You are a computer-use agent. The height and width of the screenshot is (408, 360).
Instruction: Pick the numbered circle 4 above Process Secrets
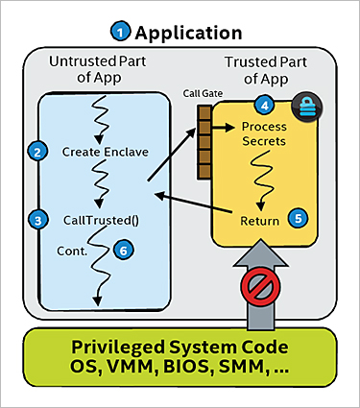tap(260, 104)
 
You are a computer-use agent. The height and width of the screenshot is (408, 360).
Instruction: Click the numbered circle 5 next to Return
tap(299, 218)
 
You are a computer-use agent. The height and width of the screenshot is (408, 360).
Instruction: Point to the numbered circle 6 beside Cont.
tap(120, 249)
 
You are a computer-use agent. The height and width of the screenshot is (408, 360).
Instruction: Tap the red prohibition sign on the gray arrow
tap(259, 286)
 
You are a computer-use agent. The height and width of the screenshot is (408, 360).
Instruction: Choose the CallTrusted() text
tap(101, 219)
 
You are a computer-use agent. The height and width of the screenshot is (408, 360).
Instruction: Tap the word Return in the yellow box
tap(260, 221)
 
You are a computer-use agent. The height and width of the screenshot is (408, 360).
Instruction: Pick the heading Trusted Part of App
tap(264, 71)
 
